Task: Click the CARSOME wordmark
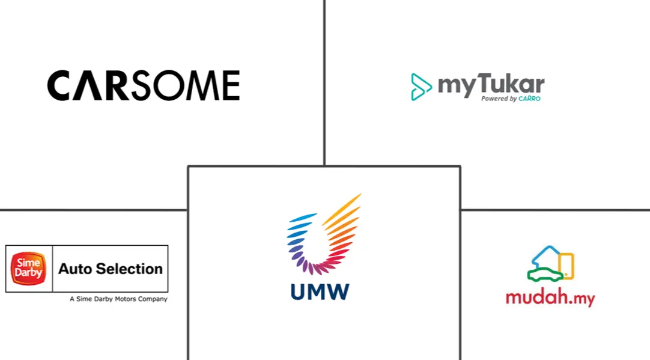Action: point(144,85)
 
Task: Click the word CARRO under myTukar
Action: point(529,99)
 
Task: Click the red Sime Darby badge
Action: point(28,269)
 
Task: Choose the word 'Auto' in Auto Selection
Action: point(75,269)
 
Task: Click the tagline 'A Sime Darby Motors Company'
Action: point(118,299)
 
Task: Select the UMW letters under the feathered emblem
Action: point(320,291)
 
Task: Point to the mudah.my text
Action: point(550,297)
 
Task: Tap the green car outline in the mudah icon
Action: point(544,274)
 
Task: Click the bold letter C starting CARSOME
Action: point(60,85)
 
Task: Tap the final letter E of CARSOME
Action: point(231,85)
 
